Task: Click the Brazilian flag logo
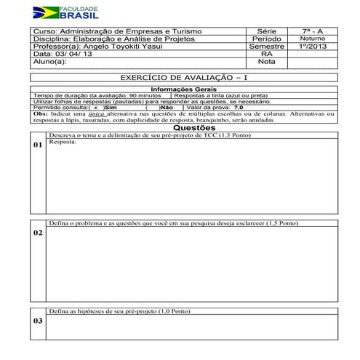click(48, 12)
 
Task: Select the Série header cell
click(266, 32)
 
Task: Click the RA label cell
click(266, 54)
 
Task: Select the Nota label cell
click(266, 62)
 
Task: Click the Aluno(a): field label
click(50, 62)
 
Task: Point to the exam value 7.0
click(239, 108)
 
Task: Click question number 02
click(37, 233)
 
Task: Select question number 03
click(37, 321)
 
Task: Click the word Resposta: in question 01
click(61, 143)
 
